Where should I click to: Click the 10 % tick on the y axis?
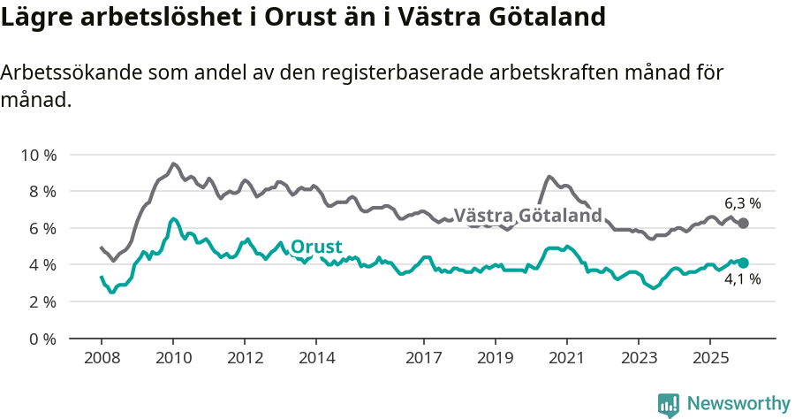[38, 155]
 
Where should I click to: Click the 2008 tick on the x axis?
[101, 358]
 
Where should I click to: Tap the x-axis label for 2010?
[173, 358]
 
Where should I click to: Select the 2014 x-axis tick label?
[316, 358]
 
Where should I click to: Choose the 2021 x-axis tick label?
[565, 358]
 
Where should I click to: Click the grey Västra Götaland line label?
[527, 216]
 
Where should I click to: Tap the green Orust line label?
[316, 247]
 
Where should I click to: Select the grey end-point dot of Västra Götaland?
[743, 223]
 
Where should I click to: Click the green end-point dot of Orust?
[743, 263]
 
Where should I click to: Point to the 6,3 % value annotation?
[742, 202]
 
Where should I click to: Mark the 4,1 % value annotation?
[742, 281]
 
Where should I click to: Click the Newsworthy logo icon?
[669, 404]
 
